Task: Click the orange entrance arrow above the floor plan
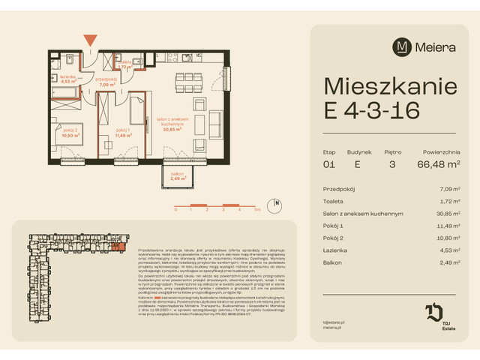coord(91,40)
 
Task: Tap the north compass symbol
coord(277,202)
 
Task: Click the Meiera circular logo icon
coord(402,46)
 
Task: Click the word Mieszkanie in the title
coord(390,85)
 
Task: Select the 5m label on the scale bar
coord(257,211)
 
